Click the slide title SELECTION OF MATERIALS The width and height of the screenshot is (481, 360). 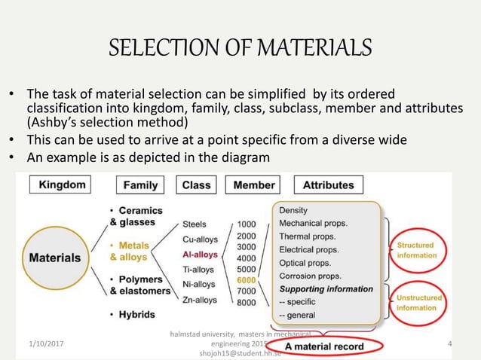pos(240,50)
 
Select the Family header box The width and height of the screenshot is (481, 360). pos(141,185)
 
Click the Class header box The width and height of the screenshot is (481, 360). pos(197,185)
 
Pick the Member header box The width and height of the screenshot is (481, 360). pos(254,185)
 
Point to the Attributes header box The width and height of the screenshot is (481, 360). pos(328,185)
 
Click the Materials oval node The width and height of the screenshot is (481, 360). pos(55,257)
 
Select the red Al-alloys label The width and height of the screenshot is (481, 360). pos(200,255)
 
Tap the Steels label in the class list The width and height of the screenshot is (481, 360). pos(196,224)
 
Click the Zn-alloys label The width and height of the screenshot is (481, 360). pos(200,300)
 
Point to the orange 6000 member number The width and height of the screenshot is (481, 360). pos(247,280)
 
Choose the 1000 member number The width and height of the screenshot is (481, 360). pos(247,224)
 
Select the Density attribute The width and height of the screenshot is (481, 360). pos(293,210)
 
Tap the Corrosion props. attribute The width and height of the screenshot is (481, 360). pos(309,276)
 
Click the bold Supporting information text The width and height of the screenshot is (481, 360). pos(326,288)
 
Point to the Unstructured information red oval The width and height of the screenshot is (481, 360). pos(417,303)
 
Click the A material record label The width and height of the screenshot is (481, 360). pos(324,347)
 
